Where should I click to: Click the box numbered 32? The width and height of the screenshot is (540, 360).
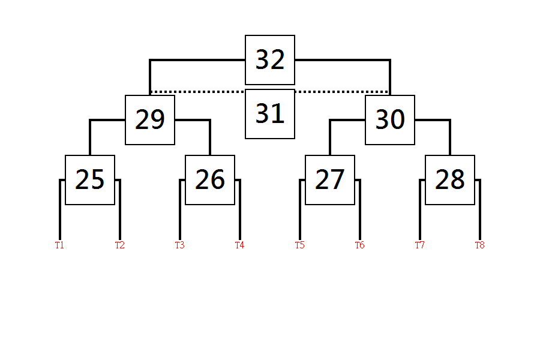click(270, 60)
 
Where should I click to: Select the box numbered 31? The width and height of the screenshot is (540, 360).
click(270, 114)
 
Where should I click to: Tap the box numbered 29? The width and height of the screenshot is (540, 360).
click(150, 120)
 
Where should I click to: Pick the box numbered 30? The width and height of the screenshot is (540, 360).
click(390, 120)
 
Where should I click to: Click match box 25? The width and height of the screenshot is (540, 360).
click(90, 180)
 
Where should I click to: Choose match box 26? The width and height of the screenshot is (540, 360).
click(210, 180)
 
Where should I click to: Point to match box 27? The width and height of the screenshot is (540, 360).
click(330, 180)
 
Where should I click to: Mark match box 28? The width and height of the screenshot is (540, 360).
click(450, 180)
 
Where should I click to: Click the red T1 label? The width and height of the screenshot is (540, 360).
click(59, 245)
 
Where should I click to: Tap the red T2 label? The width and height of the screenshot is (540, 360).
click(120, 245)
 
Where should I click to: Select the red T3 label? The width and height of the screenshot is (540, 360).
click(180, 245)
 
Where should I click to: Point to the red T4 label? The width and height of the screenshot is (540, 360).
click(239, 245)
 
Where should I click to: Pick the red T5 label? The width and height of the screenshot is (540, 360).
click(300, 245)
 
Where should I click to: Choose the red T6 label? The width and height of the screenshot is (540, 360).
click(360, 245)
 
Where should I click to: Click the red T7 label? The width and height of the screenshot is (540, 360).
click(420, 245)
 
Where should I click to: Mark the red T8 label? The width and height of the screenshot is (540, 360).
click(480, 245)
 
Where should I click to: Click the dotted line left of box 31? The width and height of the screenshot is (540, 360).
click(198, 92)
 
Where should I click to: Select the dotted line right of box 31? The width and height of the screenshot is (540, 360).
click(342, 92)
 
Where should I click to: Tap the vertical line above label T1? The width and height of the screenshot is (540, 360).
click(60, 209)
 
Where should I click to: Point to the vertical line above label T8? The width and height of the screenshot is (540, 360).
click(480, 209)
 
